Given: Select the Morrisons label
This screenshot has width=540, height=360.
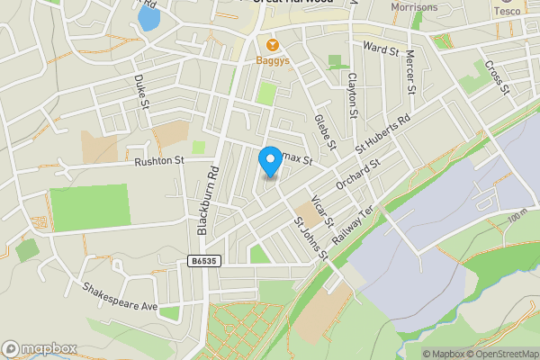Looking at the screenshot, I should (x=414, y=7).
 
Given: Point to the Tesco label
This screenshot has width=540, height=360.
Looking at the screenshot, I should (x=506, y=11).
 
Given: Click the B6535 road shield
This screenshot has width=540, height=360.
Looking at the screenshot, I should (x=202, y=261).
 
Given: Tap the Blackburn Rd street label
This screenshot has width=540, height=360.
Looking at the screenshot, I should (x=208, y=200).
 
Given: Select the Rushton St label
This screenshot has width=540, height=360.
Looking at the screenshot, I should (x=158, y=161).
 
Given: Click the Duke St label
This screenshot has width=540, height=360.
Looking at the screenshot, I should (x=141, y=91).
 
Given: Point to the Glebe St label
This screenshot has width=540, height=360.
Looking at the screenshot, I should (x=325, y=131).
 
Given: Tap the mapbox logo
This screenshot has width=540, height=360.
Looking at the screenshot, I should (x=40, y=348).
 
